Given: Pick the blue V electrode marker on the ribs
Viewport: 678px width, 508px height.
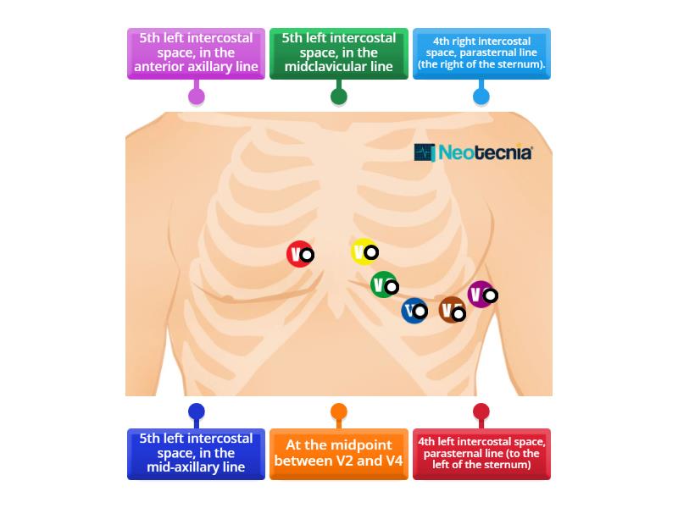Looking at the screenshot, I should click(x=414, y=310).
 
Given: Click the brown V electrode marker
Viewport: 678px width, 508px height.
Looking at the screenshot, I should click(x=453, y=310).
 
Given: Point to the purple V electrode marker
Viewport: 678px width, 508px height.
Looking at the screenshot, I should click(x=481, y=294).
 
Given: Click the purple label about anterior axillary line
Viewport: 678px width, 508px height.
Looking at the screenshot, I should click(x=196, y=53).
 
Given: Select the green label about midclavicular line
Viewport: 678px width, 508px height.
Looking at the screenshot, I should click(x=338, y=53).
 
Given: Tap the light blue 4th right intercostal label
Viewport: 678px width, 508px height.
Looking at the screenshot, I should click(x=481, y=53).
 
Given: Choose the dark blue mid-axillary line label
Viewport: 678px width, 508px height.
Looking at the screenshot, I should click(x=196, y=454).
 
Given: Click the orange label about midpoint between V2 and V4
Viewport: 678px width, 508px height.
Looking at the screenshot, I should click(x=338, y=454).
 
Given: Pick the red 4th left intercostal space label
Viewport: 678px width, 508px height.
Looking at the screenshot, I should click(x=481, y=454).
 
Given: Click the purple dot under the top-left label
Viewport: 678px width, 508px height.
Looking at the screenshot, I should click(x=196, y=96).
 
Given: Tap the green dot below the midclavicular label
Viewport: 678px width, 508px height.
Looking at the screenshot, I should click(x=338, y=96).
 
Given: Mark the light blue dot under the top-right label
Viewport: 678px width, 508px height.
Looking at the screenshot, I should click(x=481, y=96).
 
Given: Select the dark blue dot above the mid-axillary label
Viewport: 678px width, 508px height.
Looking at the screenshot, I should click(x=196, y=412).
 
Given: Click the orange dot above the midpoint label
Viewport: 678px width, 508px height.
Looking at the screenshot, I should click(x=338, y=412).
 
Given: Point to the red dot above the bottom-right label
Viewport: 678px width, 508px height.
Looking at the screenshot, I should click(x=481, y=412).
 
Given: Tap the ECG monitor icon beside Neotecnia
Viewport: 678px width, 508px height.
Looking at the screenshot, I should click(x=424, y=152).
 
